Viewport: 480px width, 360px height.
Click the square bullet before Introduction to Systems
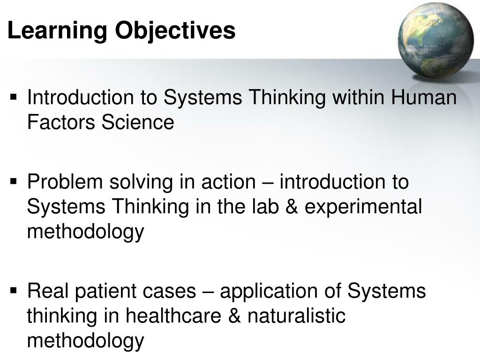(x=14, y=98)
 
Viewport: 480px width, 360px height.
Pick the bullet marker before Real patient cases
(x=14, y=291)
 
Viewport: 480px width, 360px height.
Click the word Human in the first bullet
(x=424, y=98)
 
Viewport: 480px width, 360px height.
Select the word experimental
(x=363, y=206)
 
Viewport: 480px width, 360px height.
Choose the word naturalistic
(x=296, y=315)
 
